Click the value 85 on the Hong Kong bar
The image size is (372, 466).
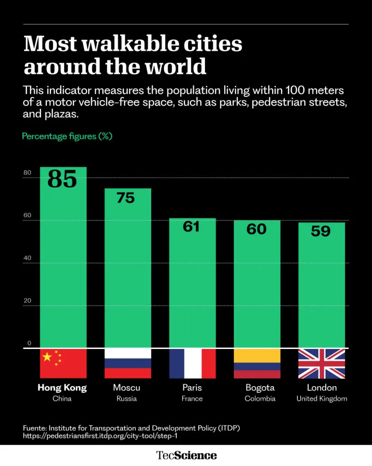[x=62, y=179]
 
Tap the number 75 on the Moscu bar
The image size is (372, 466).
[x=126, y=198]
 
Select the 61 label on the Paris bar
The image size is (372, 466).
[x=191, y=226]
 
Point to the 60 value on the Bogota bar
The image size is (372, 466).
[x=256, y=229]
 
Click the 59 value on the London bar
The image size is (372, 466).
[x=321, y=231]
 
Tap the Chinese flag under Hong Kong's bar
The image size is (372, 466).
[x=63, y=364]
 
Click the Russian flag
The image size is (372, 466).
[x=128, y=364]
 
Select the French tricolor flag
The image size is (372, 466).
[x=192, y=364]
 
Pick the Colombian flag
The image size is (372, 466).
[x=257, y=364]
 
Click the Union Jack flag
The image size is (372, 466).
[x=322, y=364]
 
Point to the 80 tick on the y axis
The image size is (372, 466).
[x=27, y=173]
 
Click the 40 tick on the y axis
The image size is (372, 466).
[x=27, y=258]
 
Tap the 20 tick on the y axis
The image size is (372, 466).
[x=27, y=301]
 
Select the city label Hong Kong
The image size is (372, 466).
[x=62, y=388]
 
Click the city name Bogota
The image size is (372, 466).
[x=260, y=388]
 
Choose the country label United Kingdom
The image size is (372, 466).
[x=322, y=399]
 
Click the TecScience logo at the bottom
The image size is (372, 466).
[x=186, y=455]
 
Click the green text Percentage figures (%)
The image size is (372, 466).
[x=67, y=136]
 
